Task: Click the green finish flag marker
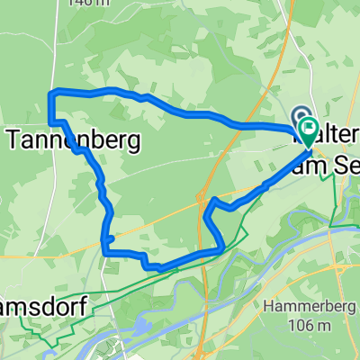309,132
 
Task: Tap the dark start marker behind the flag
299,118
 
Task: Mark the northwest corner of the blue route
49,92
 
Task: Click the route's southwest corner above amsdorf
105,251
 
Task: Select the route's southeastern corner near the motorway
221,246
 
